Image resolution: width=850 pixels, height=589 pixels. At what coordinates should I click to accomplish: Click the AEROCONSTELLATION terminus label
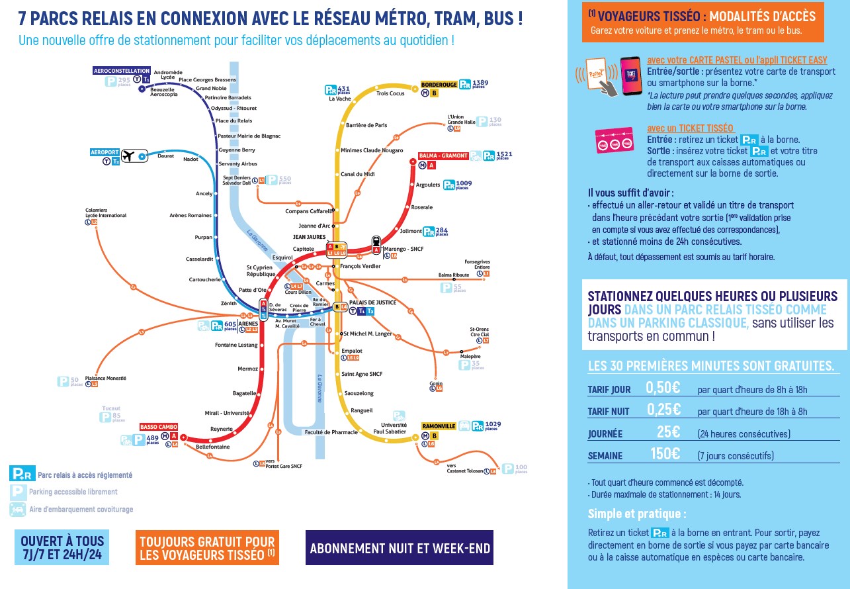point(122,70)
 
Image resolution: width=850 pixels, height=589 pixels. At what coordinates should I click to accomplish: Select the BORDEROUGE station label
point(439,85)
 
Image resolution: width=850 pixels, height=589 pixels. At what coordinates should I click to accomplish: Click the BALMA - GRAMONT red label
point(443,156)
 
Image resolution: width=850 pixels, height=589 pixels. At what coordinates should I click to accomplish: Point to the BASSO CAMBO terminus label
point(157,427)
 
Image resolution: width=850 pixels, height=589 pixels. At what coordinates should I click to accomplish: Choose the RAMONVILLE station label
point(439,426)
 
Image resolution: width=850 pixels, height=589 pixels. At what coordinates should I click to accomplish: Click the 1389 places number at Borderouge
point(481,82)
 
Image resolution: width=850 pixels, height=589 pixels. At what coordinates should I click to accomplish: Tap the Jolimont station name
point(410,231)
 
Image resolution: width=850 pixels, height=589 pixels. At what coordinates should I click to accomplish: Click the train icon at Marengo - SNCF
point(376,242)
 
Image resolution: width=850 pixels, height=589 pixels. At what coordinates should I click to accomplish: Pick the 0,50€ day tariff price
point(663,388)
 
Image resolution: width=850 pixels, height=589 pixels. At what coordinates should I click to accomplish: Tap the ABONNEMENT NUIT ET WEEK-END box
point(400,549)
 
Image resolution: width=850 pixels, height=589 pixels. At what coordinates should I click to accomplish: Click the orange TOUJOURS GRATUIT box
point(207,548)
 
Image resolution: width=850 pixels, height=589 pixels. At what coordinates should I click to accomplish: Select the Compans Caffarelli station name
point(309,211)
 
